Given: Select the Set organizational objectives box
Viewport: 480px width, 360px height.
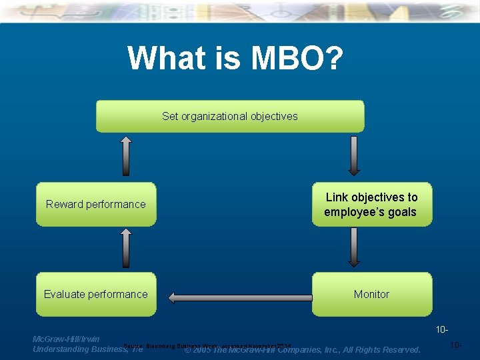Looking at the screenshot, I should pyautogui.click(x=230, y=116).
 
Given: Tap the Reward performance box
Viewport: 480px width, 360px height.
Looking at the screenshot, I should pyautogui.click(x=95, y=204).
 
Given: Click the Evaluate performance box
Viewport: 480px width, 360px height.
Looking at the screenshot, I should pyautogui.click(x=95, y=294).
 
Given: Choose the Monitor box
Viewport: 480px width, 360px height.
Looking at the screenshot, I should pyautogui.click(x=371, y=294).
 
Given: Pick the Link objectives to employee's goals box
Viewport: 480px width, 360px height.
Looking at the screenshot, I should pyautogui.click(x=371, y=205).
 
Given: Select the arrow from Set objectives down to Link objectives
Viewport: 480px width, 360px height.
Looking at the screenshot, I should pyautogui.click(x=354, y=157).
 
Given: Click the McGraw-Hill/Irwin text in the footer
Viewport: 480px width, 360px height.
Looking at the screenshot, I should pyautogui.click(x=66, y=339).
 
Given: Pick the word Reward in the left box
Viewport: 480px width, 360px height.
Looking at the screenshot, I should pyautogui.click(x=63, y=204).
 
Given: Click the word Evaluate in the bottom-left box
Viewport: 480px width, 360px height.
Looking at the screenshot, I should pyautogui.click(x=65, y=294).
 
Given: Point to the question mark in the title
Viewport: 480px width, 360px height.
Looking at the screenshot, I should pyautogui.click(x=333, y=58).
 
